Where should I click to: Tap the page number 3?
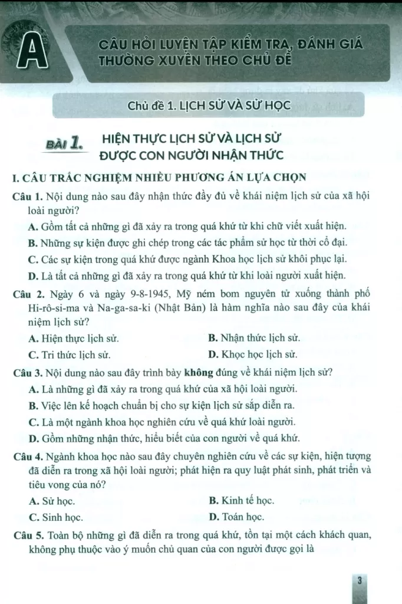point(359,581)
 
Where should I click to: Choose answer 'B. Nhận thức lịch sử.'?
point(254,339)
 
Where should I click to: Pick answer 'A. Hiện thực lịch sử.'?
point(73,339)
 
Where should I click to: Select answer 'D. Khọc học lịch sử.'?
point(252,355)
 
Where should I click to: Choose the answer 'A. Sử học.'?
point(51,501)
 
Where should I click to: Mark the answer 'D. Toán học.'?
point(236,517)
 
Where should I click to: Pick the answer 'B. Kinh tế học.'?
point(241,501)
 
